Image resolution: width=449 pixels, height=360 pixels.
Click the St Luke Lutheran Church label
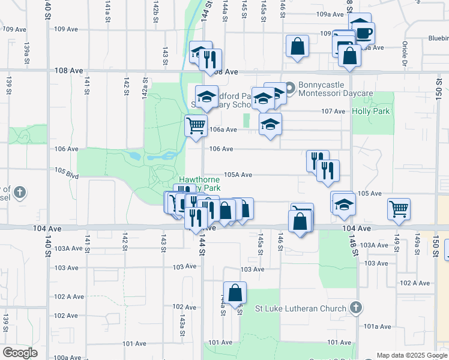(x=301, y=309)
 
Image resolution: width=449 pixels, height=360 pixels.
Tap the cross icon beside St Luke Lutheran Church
(x=356, y=308)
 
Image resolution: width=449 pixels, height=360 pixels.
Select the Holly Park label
(x=372, y=111)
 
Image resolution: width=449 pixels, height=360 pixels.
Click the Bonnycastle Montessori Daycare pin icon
(x=289, y=89)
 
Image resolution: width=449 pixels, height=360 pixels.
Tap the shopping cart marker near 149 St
(x=399, y=209)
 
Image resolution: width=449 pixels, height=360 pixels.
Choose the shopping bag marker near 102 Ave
(x=236, y=293)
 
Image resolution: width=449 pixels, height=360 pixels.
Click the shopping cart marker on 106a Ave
(x=196, y=127)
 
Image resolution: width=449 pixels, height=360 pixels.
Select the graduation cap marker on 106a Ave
(x=270, y=125)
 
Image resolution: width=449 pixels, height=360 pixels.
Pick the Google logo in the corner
(x=20, y=353)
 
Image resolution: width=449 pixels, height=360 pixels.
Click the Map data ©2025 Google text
(x=412, y=355)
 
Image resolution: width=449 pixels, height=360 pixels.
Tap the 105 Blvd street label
(x=67, y=173)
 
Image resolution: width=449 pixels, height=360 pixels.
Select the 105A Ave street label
(x=238, y=175)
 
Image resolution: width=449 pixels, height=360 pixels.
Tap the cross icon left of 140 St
(x=20, y=193)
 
